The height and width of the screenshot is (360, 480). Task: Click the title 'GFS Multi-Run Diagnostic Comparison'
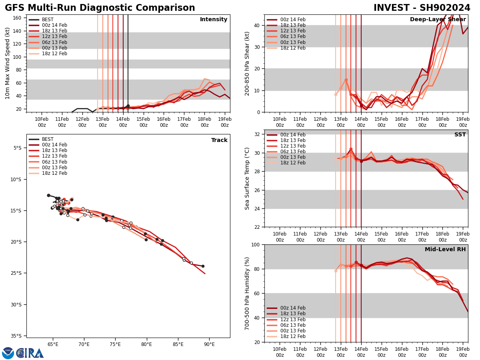[100, 8]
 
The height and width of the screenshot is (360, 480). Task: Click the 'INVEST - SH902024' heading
[422, 8]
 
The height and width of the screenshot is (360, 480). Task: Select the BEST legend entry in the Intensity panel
[48, 20]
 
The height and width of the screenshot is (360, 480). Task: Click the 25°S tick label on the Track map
[16, 273]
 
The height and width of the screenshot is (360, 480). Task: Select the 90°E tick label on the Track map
[209, 344]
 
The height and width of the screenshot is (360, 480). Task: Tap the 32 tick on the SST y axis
[258, 134]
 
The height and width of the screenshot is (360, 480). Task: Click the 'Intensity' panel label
[214, 20]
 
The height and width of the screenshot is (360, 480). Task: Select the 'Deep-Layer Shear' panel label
[438, 20]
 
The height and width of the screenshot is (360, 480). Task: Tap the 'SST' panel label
[460, 135]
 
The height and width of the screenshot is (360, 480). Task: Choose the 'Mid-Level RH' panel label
[445, 250]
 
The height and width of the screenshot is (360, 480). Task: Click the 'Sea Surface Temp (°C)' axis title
[248, 178]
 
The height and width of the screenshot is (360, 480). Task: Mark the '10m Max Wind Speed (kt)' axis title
[8, 63]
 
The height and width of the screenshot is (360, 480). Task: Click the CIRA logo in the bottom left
[23, 353]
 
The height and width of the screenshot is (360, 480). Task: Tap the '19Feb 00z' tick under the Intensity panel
[225, 122]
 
